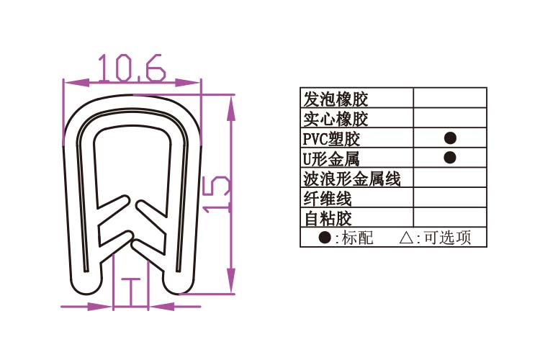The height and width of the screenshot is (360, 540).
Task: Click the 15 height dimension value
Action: point(216,194)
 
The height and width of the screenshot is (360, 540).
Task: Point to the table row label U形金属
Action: point(332,158)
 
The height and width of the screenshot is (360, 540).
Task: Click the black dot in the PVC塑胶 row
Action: point(450,138)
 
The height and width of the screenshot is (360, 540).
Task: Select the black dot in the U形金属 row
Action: point(450,157)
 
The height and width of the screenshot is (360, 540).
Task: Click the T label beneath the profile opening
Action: point(132,292)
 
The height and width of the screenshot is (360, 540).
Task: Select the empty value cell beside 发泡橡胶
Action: point(450,99)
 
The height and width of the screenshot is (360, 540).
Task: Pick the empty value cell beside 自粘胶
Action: point(450,217)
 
